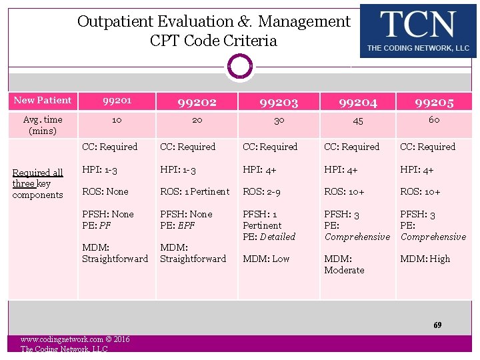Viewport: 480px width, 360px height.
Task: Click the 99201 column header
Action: pos(117,101)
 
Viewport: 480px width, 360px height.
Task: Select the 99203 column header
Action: pos(279,102)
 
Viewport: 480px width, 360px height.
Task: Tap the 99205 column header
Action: pos(434,102)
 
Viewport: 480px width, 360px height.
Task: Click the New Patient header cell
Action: pos(43,101)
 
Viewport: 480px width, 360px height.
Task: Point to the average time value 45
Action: pos(358,121)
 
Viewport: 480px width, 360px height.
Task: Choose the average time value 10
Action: pos(117,120)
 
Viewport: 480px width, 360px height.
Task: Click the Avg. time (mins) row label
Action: pos(43,125)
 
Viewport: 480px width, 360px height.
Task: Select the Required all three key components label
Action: pos(38,183)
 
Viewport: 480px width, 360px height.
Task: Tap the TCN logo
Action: pos(418,31)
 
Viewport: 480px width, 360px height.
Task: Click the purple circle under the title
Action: pos(240,67)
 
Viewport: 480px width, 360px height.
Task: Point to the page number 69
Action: pos(437,325)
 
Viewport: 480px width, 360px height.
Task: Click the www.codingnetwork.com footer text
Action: pos(75,339)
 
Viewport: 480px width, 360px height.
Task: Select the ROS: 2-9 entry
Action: pos(261,191)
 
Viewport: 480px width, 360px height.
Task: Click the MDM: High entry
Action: pos(425,259)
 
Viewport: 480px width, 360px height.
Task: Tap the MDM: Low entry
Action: pos(266,259)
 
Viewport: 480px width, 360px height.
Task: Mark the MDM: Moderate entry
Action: pos(344,264)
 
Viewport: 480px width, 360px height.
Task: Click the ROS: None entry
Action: pos(105,191)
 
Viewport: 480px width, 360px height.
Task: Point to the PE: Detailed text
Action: pos(269,237)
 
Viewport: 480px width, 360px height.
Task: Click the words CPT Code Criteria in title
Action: pos(213,41)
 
